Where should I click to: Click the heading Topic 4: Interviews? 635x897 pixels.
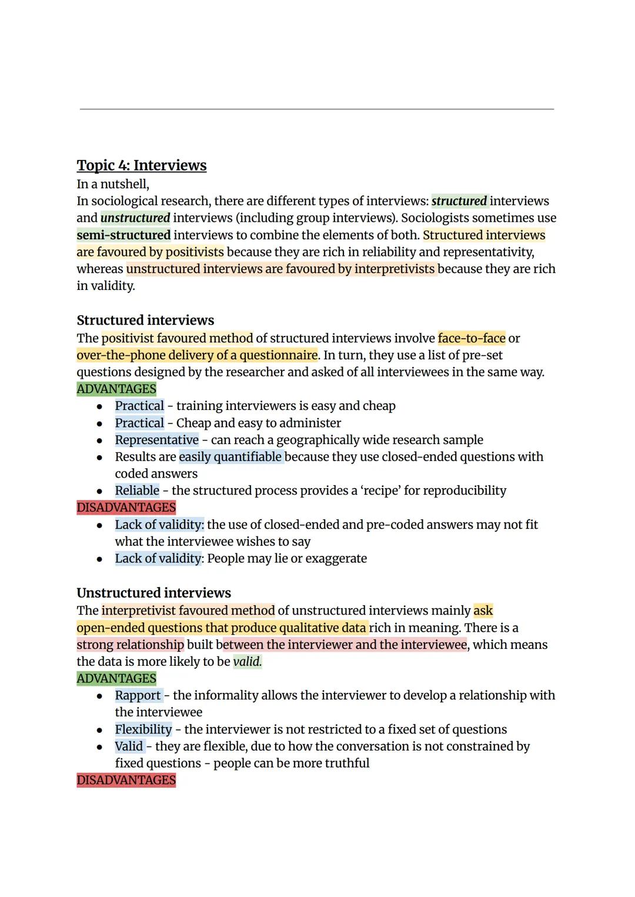coord(141,165)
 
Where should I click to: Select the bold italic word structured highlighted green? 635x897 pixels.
coord(459,201)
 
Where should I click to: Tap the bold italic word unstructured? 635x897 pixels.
coord(135,218)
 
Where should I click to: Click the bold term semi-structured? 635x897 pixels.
coord(123,235)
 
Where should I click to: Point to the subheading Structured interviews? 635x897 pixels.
coord(145,321)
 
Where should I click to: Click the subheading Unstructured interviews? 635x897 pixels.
coord(153,593)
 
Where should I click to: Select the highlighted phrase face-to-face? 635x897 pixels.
coord(472,338)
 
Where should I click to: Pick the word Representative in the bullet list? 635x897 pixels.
coord(156,440)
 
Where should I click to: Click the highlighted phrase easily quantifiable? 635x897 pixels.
coord(230,457)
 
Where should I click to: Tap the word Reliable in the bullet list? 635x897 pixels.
coord(137,491)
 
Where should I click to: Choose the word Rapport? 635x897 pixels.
coord(138,695)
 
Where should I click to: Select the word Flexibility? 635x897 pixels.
coord(143,729)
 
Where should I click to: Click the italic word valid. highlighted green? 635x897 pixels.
coord(248,662)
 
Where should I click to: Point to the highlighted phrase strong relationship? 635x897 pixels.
coord(130,645)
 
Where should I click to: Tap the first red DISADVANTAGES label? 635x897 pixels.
coord(126,508)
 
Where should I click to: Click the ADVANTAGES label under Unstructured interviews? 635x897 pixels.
coord(116,679)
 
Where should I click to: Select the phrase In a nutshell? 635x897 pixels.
coord(113,184)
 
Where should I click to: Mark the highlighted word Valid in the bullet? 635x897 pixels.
coord(129,746)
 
